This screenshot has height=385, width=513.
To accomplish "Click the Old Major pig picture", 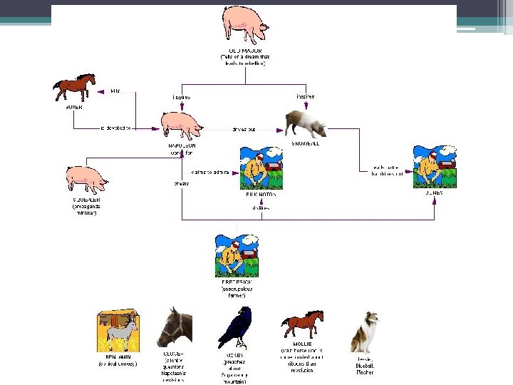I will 245,25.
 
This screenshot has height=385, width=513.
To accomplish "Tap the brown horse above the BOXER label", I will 74,88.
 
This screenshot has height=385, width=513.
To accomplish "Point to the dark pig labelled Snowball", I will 306,123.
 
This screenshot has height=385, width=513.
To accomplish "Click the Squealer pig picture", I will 86,180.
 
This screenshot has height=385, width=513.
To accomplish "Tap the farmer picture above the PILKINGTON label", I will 261,168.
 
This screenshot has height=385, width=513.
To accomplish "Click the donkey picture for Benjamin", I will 118,331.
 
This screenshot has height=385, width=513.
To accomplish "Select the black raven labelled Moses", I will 237,327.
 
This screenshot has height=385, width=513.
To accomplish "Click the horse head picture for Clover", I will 175,327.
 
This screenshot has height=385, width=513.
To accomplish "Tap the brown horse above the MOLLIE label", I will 302,325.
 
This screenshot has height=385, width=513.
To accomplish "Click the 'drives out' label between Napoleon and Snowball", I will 244,130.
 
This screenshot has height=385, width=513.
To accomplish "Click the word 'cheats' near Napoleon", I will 181,183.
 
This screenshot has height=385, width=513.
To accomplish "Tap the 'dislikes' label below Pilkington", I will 259,208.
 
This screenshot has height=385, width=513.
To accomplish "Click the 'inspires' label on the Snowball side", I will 305,96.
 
